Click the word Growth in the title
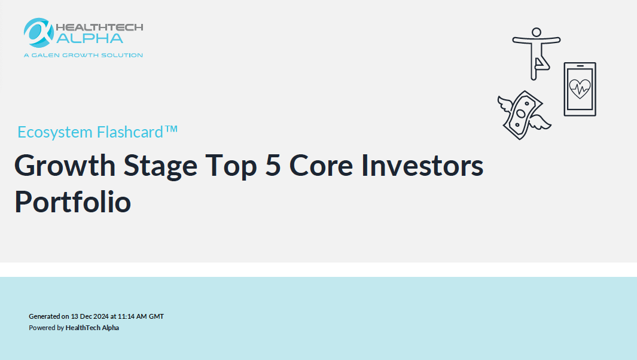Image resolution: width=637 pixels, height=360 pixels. point(65,166)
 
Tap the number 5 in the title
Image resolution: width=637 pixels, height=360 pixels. point(273,166)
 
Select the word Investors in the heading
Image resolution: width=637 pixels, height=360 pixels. point(422,166)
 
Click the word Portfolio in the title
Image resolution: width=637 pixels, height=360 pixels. point(73,202)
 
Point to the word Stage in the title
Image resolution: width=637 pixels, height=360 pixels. point(160,166)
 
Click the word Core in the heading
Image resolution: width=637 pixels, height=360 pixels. point(321,166)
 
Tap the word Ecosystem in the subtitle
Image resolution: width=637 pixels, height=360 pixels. point(55,132)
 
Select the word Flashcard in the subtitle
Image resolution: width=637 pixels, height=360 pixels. point(130,132)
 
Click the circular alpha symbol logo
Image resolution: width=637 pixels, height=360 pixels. point(39,32)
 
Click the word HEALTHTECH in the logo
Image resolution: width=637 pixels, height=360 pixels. point(99,28)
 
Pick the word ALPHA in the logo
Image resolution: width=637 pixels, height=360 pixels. point(90,38)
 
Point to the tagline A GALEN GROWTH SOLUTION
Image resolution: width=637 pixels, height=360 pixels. point(83,55)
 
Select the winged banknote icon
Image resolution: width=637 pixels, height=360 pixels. point(524,115)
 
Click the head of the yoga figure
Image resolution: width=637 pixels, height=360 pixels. point(537,32)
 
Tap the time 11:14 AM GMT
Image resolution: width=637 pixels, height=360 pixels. point(141,316)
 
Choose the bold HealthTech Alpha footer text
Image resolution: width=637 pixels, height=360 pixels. point(92,328)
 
